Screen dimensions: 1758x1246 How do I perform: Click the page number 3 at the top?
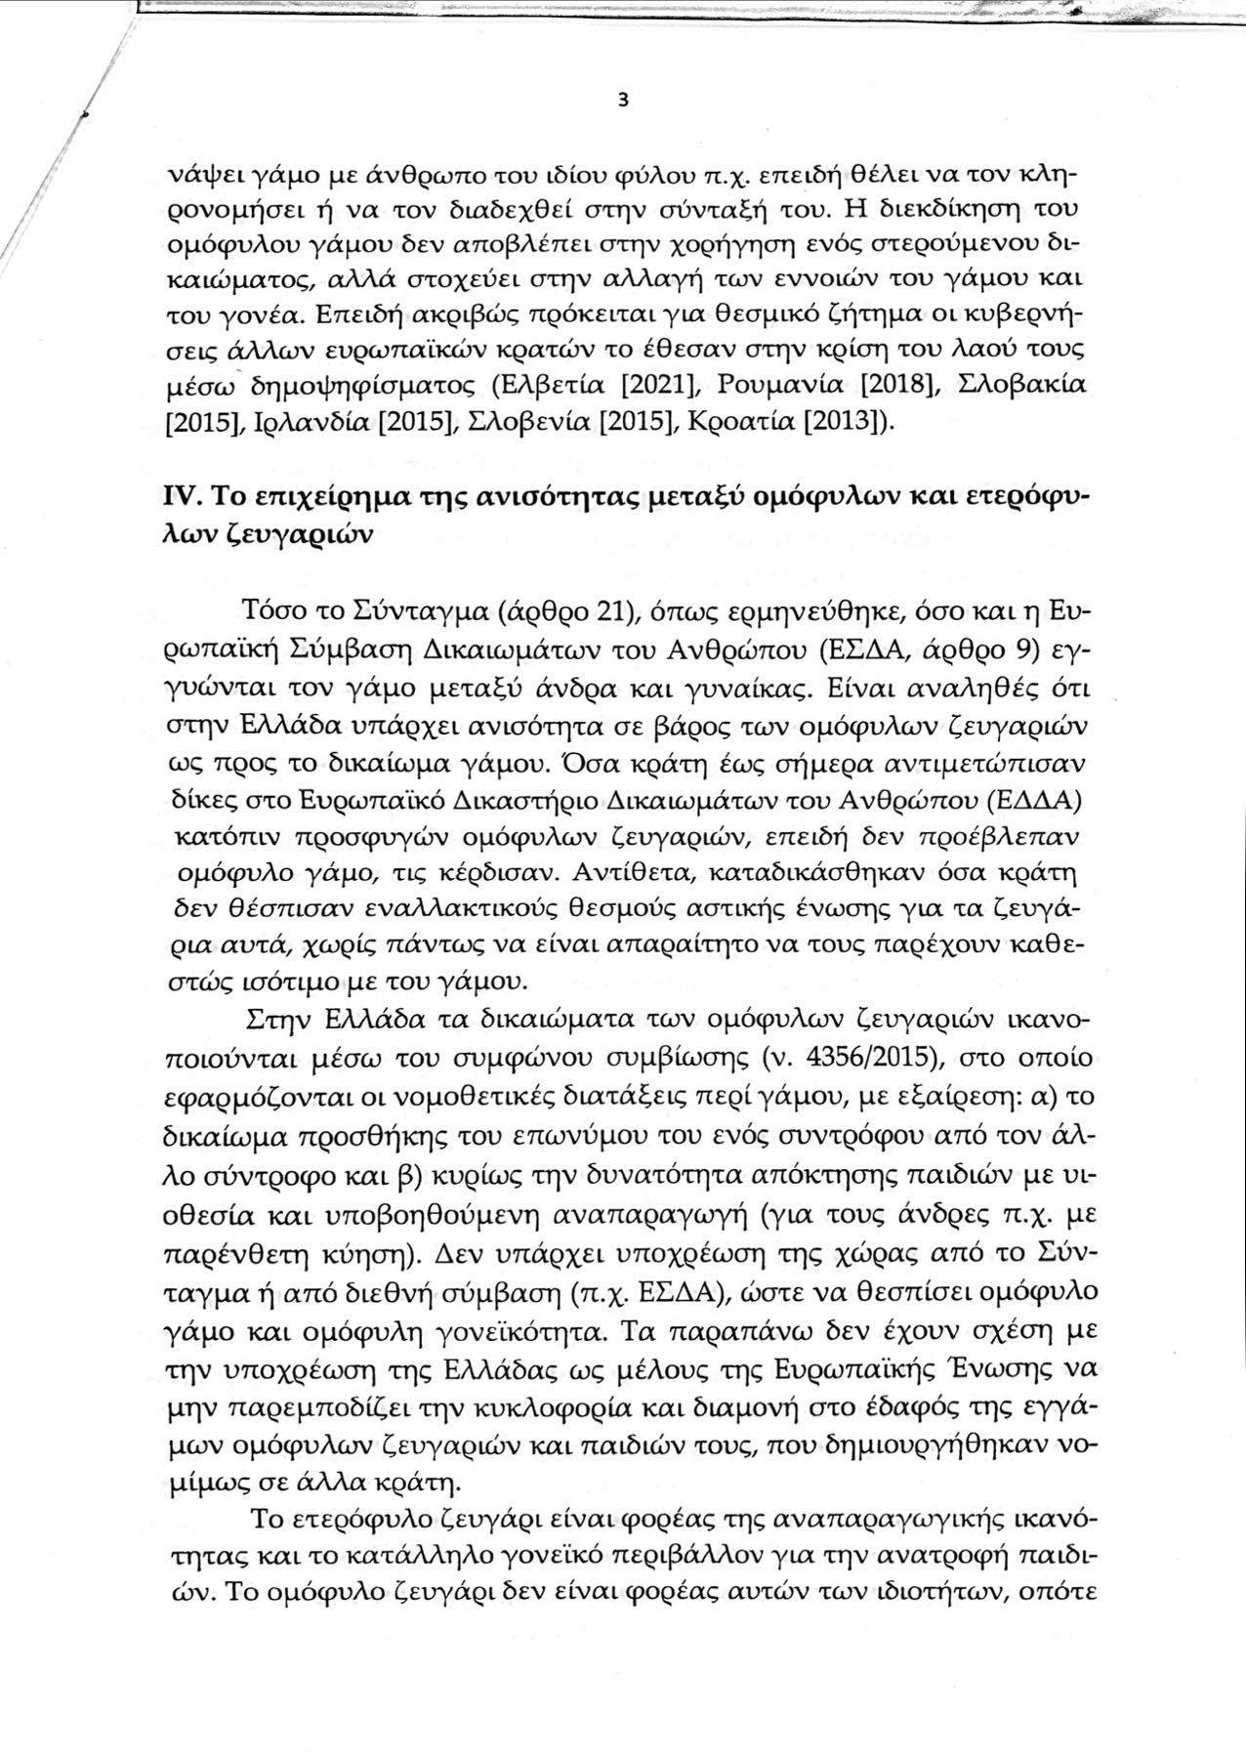pyautogui.click(x=623, y=102)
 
